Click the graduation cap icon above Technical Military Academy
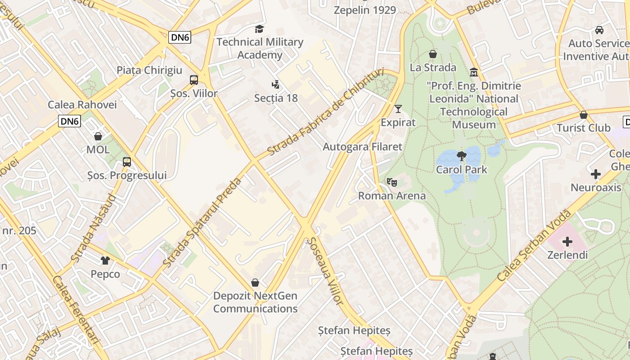tap(259, 29)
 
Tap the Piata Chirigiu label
tap(149, 70)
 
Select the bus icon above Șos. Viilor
tap(194, 80)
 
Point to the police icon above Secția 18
tap(275, 84)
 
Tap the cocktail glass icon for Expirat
tap(398, 108)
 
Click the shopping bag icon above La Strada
tap(433, 54)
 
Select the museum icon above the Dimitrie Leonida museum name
tap(474, 72)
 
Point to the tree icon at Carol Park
tap(461, 156)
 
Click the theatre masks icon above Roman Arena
tap(392, 182)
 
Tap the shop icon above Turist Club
tap(584, 115)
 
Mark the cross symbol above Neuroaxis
tap(596, 174)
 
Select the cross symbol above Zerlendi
tap(567, 242)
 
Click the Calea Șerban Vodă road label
tap(534, 246)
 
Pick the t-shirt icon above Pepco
tap(105, 260)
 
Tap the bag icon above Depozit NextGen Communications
tap(255, 283)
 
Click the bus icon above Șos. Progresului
tap(127, 162)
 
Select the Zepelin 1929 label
tap(365, 10)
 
